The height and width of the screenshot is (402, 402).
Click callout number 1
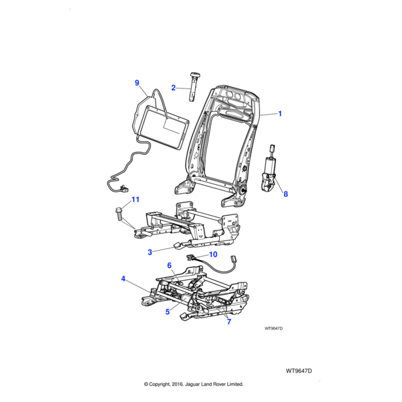point(279,114)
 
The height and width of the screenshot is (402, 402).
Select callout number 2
point(173,88)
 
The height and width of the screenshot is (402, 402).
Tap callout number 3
point(150,253)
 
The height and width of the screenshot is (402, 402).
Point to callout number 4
point(123,279)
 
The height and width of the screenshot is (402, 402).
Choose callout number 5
point(168,311)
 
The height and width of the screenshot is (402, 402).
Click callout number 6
point(170,265)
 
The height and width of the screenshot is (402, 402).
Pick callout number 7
point(228,322)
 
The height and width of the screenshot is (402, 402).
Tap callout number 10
point(213,255)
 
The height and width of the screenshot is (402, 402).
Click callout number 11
point(135,200)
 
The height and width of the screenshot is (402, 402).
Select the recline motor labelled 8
point(271,172)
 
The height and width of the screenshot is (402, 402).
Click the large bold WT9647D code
point(299,371)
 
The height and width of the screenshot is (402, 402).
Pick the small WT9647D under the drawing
point(274,328)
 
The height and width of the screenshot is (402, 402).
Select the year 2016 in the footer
point(188,385)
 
